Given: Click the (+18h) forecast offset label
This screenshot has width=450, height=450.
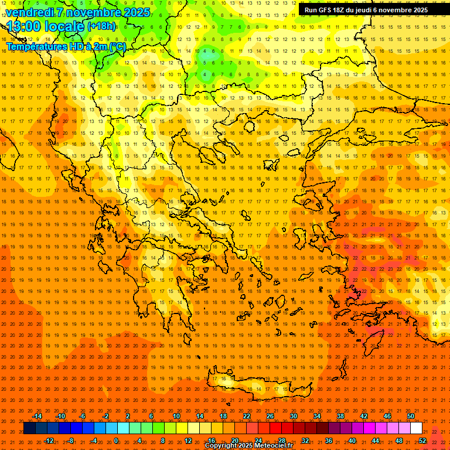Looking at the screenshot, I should tap(102, 26).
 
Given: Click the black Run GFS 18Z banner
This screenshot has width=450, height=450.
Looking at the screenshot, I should tap(366, 10).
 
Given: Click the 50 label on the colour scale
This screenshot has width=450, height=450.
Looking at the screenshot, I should tap(411, 416).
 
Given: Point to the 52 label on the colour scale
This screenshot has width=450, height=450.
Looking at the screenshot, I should tap(422, 441).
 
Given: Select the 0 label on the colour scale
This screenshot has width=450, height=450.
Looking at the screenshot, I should tap(116, 441).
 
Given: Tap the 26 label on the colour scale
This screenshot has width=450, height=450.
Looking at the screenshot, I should tap(270, 416).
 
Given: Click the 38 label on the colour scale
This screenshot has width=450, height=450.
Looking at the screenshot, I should tap(340, 416).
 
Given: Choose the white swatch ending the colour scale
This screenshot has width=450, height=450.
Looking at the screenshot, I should tap(416, 428).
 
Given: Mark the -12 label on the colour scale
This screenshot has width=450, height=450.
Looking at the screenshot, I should tap(49, 441).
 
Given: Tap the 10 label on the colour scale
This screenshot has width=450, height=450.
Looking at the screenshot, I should tap(176, 416).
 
